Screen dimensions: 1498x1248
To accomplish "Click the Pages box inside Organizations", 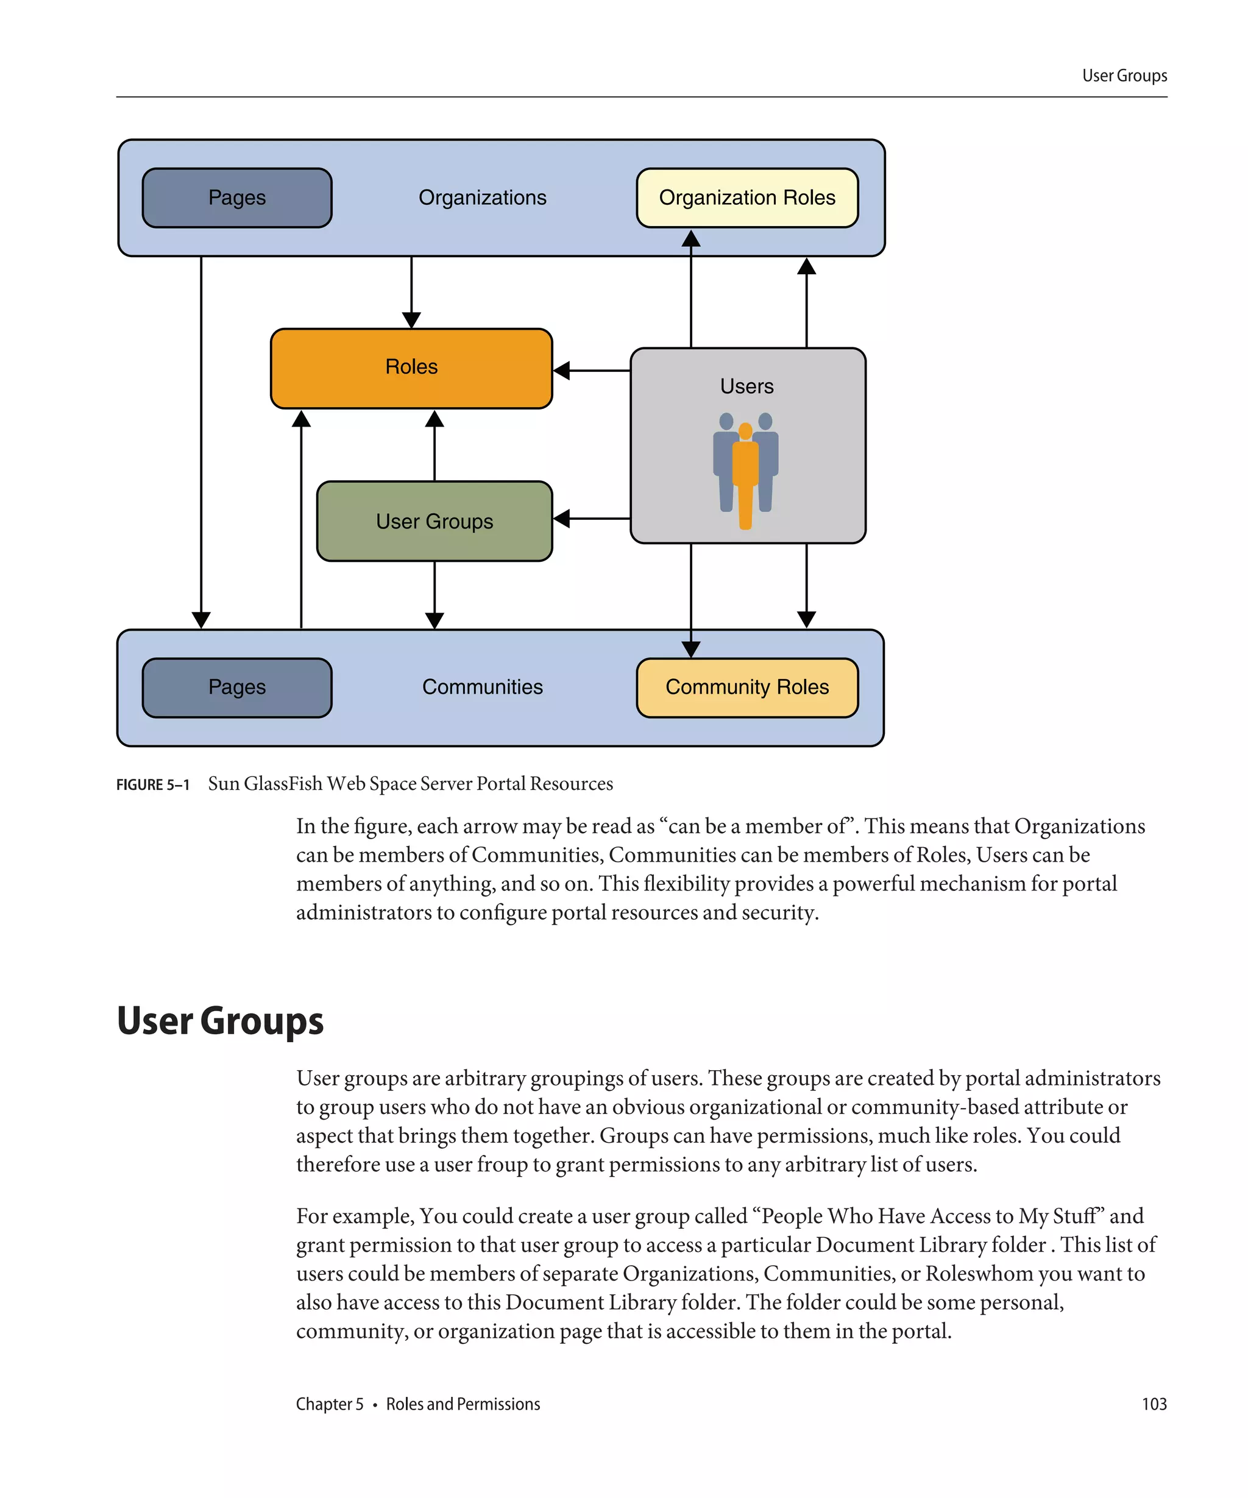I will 237,197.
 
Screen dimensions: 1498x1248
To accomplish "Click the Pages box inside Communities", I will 237,687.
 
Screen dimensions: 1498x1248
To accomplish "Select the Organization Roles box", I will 746,197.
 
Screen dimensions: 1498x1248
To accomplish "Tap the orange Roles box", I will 411,367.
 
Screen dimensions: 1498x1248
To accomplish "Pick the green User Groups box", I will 434,522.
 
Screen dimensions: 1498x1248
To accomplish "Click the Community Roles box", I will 746,687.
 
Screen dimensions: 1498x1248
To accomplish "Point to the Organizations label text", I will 482,197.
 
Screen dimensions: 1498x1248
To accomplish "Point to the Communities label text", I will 482,687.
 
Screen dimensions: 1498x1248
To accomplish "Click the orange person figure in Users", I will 745,474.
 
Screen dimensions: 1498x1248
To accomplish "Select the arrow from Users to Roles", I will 591,370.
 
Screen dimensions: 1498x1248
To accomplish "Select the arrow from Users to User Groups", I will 591,519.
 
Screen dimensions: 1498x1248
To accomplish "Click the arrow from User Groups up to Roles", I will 434,446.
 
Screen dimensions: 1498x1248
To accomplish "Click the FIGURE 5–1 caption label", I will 152,785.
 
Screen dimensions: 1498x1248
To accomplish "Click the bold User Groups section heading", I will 219,1020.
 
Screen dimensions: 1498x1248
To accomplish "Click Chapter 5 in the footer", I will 330,1404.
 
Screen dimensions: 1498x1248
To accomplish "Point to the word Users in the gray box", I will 746,386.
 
